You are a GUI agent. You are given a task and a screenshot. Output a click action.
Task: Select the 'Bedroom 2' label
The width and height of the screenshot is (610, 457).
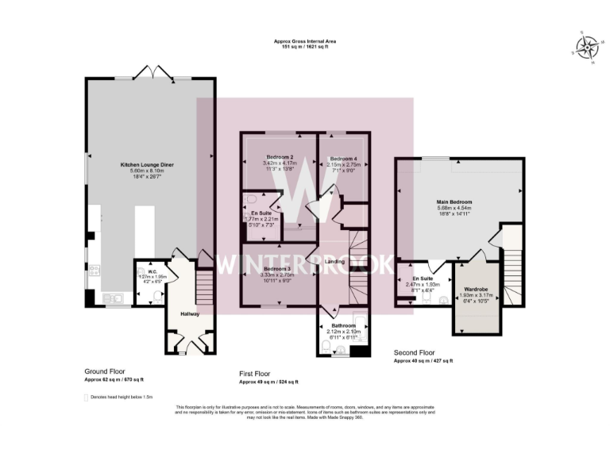(x=280, y=157)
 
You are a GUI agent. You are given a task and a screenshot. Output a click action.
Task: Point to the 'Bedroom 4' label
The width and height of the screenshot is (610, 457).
(x=344, y=158)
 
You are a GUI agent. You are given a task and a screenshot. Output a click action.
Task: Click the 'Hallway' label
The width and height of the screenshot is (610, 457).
(x=189, y=314)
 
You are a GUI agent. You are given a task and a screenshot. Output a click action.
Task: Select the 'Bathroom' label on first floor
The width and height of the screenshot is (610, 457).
(x=344, y=325)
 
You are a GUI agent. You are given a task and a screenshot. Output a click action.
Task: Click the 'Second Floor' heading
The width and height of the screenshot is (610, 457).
(x=415, y=351)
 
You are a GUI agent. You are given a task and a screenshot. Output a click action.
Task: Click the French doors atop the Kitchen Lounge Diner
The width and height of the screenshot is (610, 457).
(x=151, y=74)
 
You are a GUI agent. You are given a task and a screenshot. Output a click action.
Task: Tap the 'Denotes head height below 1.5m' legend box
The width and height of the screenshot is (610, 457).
(x=87, y=396)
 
